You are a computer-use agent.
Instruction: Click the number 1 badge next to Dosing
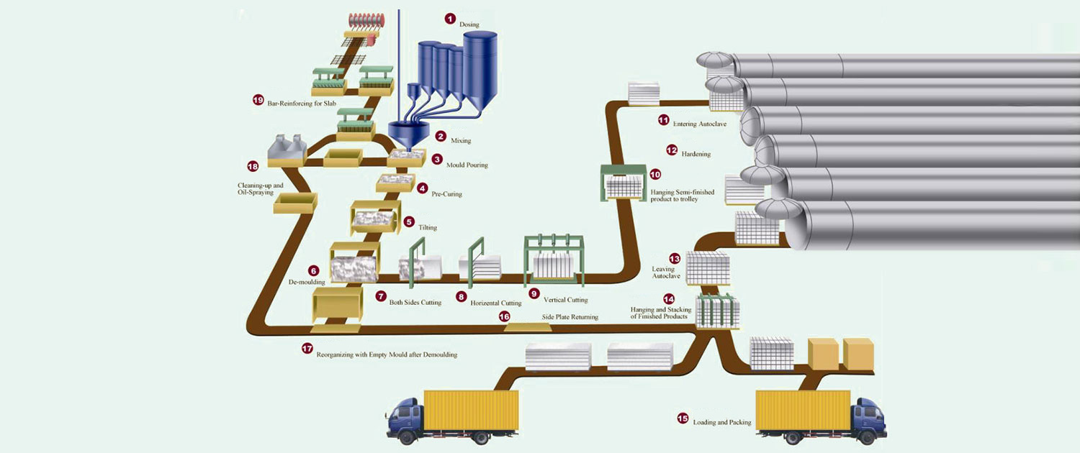coord(450,19)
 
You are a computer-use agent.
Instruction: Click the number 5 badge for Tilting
coord(409,221)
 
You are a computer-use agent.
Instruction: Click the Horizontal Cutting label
coord(495,303)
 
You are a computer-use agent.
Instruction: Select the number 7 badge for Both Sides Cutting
coord(381,295)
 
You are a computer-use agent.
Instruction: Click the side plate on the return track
coord(527,327)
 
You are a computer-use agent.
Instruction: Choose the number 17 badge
coord(307,349)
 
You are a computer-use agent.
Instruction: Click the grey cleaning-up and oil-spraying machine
coord(286,150)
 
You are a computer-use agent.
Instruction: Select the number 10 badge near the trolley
coord(654,174)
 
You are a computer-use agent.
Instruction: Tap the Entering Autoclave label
coord(699,124)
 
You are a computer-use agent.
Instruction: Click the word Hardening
coord(696,155)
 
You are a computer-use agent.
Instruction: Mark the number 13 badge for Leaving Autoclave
coord(674,258)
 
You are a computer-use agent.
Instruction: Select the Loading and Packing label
coord(721,423)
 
